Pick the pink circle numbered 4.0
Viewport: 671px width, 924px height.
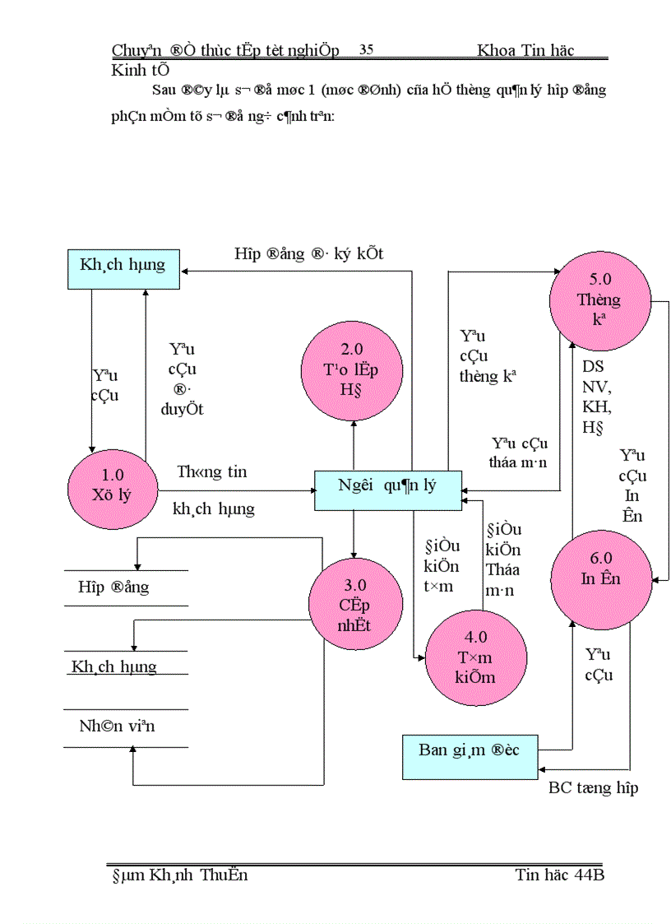pos(465,657)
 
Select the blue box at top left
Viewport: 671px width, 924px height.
pos(123,266)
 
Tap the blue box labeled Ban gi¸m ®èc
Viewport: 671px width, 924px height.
pos(470,750)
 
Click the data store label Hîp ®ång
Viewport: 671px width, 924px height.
pos(113,587)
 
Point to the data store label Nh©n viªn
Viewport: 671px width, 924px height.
pos(117,727)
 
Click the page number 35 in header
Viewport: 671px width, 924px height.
pos(367,50)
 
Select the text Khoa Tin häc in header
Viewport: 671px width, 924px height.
pos(525,51)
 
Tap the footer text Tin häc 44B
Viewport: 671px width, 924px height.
pos(559,875)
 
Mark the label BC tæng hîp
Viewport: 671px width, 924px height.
pos(593,788)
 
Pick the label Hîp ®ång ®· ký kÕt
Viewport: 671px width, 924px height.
pos(308,254)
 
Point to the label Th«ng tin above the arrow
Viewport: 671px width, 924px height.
pos(212,472)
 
